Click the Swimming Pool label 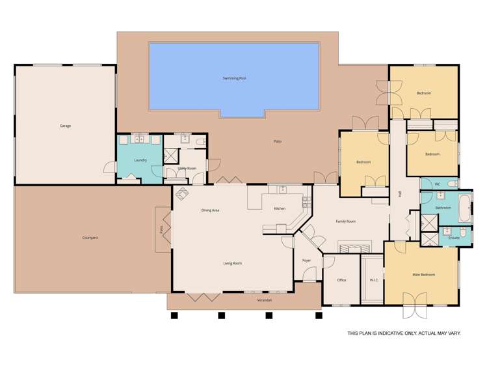pyautogui.click(x=234, y=78)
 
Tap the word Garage pyautogui.click(x=65, y=126)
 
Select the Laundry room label pyautogui.click(x=140, y=160)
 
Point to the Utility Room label pyautogui.click(x=187, y=169)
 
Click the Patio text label pyautogui.click(x=277, y=141)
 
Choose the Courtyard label pyautogui.click(x=90, y=238)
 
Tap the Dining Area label pyautogui.click(x=210, y=210)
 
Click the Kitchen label pyautogui.click(x=280, y=208)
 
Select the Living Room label pyautogui.click(x=232, y=263)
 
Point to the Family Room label pyautogui.click(x=345, y=221)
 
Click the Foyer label pyautogui.click(x=306, y=260)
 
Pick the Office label pyautogui.click(x=341, y=280)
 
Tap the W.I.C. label pyautogui.click(x=374, y=280)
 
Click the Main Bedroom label pyautogui.click(x=423, y=275)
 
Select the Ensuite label pyautogui.click(x=454, y=238)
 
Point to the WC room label pyautogui.click(x=437, y=184)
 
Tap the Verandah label pyautogui.click(x=263, y=300)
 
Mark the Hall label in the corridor pyautogui.click(x=399, y=193)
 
